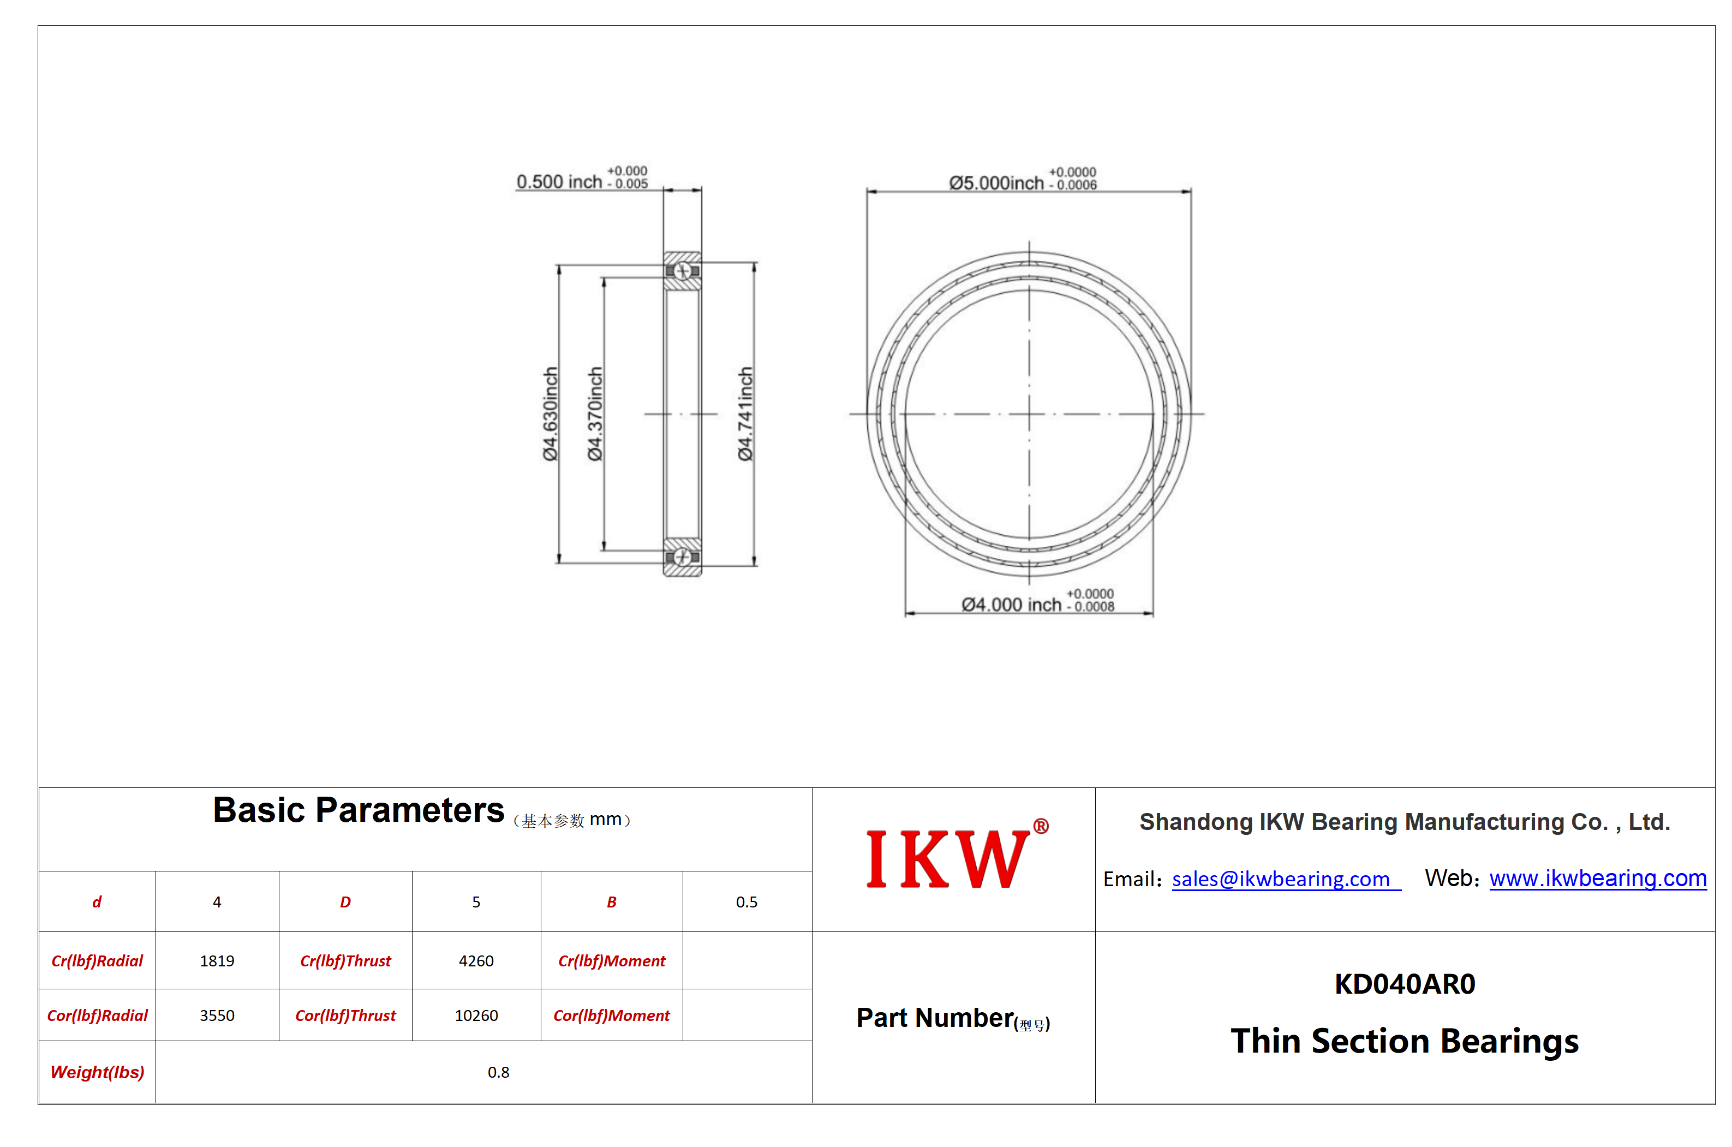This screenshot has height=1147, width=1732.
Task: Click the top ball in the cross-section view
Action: [x=682, y=271]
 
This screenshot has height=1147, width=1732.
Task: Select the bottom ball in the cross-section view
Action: [x=682, y=558]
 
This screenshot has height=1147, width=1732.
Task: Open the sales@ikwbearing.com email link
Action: [x=1280, y=879]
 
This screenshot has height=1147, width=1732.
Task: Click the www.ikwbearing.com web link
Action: [x=1597, y=878]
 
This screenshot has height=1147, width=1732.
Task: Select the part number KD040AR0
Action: [x=1405, y=984]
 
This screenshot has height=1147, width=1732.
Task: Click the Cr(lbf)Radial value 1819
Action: [x=217, y=960]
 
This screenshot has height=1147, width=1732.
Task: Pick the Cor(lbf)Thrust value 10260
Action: [x=476, y=1015]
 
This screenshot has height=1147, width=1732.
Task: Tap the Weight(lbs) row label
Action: [x=97, y=1072]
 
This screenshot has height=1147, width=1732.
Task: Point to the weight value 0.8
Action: [x=498, y=1072]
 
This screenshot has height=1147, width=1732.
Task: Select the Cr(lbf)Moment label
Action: [x=612, y=961]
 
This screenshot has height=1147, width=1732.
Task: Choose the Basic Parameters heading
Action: [x=359, y=810]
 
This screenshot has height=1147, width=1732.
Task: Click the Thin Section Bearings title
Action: [x=1405, y=1041]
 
